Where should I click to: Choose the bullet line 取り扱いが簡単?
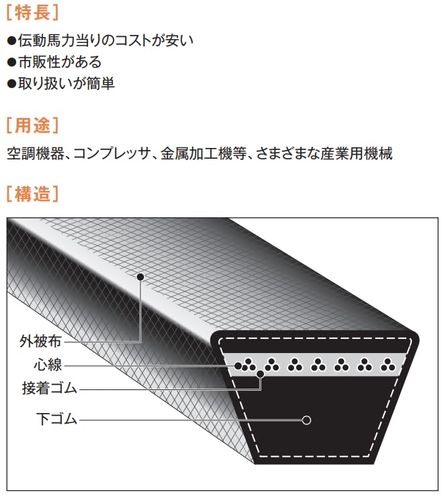[x=66, y=84]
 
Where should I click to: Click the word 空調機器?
[x=34, y=153]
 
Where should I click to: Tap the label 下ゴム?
[x=56, y=420]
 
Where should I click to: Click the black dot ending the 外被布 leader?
[x=140, y=276]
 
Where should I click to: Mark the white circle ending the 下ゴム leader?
[x=306, y=420]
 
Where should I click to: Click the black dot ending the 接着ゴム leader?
[x=260, y=374]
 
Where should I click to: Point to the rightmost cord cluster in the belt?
[x=388, y=365]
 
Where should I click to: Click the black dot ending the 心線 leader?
[x=237, y=365]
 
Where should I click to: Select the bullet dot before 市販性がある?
[x=11, y=63]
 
